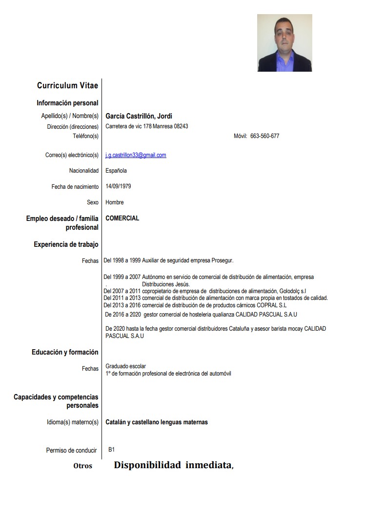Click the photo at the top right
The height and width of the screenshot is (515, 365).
coord(284,43)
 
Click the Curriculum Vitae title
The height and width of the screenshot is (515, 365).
coord(67,86)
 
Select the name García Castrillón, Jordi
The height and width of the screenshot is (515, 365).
coord(139,116)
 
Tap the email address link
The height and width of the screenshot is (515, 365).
coord(136,155)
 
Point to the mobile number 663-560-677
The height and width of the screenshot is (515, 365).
coord(264,136)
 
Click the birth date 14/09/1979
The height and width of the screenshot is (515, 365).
coord(118,186)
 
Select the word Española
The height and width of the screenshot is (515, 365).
coord(116,171)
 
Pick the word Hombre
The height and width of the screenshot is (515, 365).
coord(115,202)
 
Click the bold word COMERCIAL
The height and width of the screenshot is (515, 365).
coord(122,218)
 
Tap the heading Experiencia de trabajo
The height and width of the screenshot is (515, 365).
coord(66,244)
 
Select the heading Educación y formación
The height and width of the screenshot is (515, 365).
coord(65,352)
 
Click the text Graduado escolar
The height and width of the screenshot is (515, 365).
coord(125,366)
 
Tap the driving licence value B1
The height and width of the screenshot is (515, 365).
coord(112,450)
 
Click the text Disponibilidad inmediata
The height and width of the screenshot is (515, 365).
coord(173,465)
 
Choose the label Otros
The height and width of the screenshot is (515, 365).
coord(82,466)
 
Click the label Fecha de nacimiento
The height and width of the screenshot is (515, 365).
coord(75,187)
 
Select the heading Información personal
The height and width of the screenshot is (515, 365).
coord(67,103)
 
